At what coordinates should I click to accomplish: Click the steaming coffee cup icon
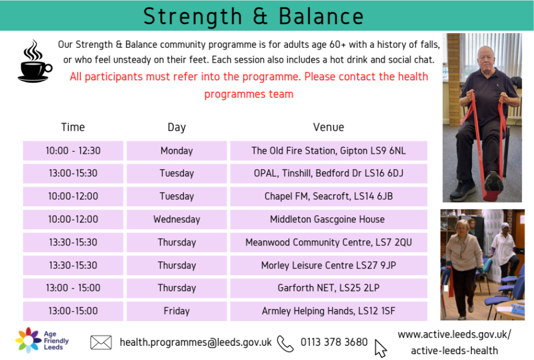[x=35, y=61]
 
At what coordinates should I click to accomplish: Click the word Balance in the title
[x=321, y=17]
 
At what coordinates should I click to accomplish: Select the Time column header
[x=73, y=127]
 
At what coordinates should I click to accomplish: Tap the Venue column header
[x=329, y=127]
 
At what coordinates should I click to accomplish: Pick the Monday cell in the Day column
[x=177, y=151]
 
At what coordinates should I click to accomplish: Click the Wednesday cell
[x=177, y=219]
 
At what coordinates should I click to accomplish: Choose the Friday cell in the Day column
[x=177, y=311]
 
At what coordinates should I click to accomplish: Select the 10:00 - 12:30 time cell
[x=73, y=151]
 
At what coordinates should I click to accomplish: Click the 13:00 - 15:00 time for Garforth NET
[x=73, y=288]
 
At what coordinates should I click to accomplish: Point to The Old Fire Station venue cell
[x=329, y=151]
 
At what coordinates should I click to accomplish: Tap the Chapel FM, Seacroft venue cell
[x=329, y=196]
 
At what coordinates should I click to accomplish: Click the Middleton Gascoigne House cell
[x=329, y=219]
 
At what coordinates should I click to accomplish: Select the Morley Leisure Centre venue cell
[x=329, y=265]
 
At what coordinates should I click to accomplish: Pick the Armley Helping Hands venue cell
[x=329, y=311]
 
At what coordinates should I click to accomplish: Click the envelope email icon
[x=101, y=342]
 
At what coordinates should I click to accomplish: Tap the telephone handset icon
[x=285, y=343]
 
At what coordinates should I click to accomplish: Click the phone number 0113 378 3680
[x=334, y=342]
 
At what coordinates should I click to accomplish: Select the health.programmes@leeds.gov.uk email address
[x=196, y=342]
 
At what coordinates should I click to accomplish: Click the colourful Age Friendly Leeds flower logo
[x=28, y=340]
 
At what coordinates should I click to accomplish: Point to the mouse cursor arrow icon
[x=380, y=348]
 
